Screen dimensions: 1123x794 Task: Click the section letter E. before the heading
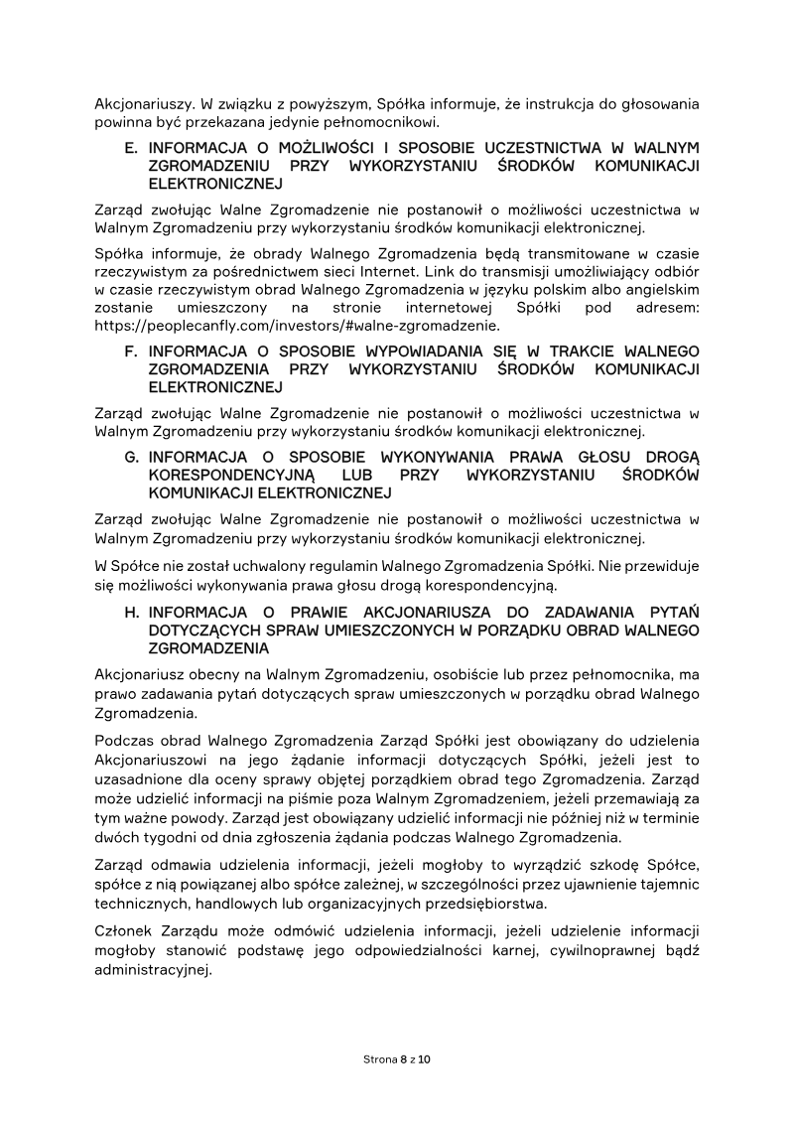coord(131,147)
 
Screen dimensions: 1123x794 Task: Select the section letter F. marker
coord(130,351)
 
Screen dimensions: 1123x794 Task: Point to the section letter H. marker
coord(131,613)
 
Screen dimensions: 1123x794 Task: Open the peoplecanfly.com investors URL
coord(297,325)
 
